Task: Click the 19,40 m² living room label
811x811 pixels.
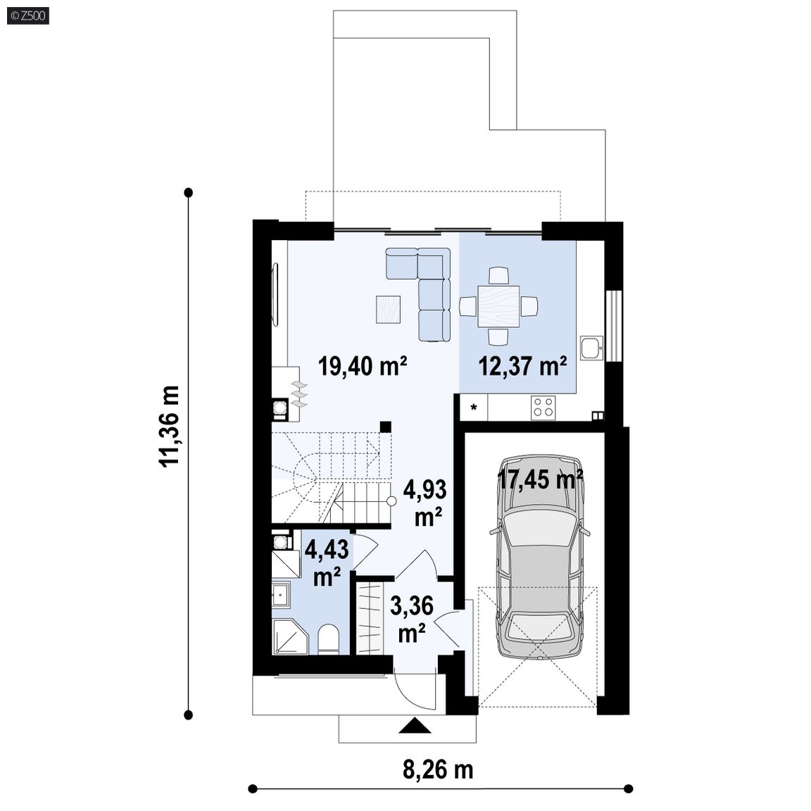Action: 363,366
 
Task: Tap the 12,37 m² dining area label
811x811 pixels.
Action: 522,366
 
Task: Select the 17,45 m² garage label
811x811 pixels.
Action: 541,479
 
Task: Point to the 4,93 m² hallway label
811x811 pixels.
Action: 425,503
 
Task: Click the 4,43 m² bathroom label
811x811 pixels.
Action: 327,562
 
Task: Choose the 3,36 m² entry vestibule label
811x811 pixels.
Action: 412,619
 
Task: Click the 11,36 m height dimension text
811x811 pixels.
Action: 170,427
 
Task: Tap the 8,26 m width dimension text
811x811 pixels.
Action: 438,769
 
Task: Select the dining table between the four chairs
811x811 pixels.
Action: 498,306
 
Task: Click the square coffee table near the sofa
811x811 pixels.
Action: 389,309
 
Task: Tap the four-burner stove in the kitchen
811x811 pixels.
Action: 543,406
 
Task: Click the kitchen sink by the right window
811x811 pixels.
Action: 591,348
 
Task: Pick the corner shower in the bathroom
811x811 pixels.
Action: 289,636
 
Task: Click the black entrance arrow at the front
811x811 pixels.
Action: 415,726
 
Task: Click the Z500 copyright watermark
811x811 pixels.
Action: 28,15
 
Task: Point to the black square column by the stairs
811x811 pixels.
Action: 385,426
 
